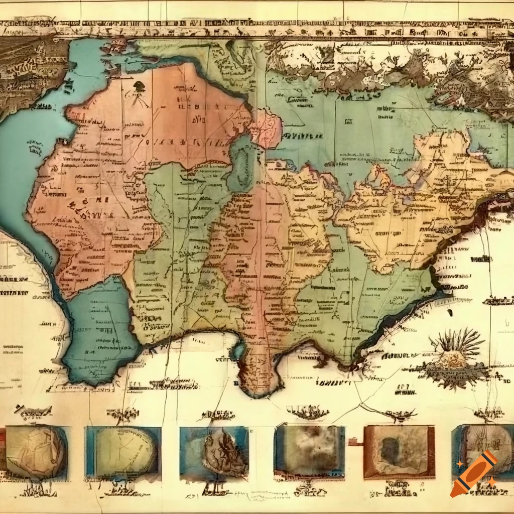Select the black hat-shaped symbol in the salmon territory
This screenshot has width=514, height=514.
(x=139, y=87)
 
